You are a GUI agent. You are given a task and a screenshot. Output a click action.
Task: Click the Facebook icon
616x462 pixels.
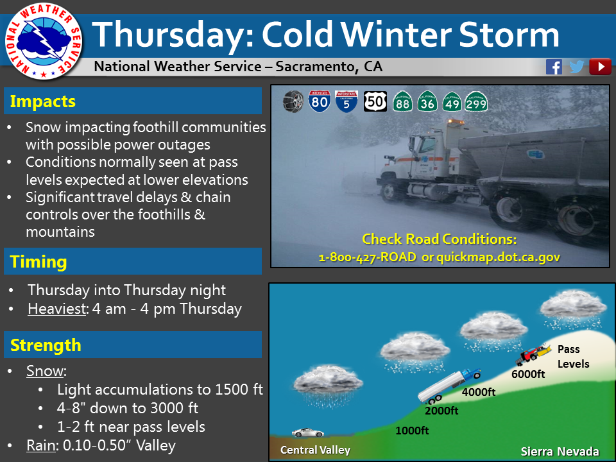tap(554, 67)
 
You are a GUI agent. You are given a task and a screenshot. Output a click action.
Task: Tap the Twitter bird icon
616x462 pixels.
tap(576, 67)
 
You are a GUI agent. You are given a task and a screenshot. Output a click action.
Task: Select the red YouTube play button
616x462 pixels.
tap(600, 67)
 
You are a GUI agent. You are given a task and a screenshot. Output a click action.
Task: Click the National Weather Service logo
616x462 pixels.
tap(43, 41)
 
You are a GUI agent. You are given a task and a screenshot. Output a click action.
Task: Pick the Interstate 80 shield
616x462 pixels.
tap(320, 101)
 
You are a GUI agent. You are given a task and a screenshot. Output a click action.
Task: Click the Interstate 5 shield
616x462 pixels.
tap(346, 101)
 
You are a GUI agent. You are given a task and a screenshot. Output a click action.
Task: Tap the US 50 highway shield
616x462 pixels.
tap(375, 101)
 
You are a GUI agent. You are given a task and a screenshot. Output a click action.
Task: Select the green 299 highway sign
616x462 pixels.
tap(476, 101)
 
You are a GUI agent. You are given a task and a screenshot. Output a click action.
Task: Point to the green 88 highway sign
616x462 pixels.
tap(403, 101)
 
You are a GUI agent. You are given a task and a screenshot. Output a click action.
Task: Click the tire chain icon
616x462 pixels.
tap(293, 101)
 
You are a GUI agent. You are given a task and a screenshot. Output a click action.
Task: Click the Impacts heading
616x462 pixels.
tap(42, 101)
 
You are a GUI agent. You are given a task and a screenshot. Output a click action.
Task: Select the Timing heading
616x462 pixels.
tap(38, 262)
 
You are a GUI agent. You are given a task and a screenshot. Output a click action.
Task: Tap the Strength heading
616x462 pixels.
tap(46, 345)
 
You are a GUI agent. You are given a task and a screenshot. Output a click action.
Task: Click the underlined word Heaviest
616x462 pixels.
tap(56, 309)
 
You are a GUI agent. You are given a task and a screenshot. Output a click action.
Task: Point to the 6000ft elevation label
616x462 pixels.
tap(528, 374)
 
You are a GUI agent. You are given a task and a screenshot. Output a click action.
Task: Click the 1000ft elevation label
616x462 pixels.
tap(412, 431)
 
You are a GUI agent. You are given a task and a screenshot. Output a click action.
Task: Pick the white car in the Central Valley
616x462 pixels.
tap(307, 432)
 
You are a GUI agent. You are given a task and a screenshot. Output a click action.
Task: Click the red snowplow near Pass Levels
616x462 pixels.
tap(533, 354)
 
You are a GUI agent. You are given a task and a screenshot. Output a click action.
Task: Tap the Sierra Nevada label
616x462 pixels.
tap(560, 452)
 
